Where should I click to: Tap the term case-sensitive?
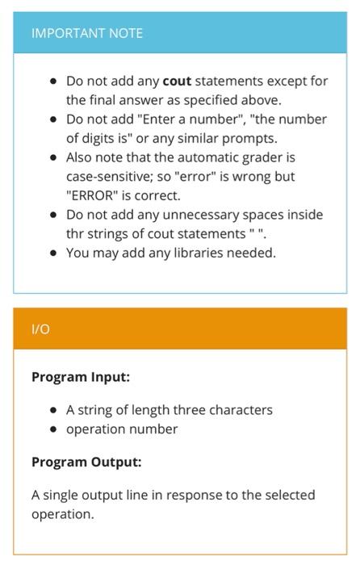110,176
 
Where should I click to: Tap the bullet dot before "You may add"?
53,253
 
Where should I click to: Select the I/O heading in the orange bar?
40,329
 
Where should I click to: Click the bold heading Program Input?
81,377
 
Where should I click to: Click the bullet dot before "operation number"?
53,429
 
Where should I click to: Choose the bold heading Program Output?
86,462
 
